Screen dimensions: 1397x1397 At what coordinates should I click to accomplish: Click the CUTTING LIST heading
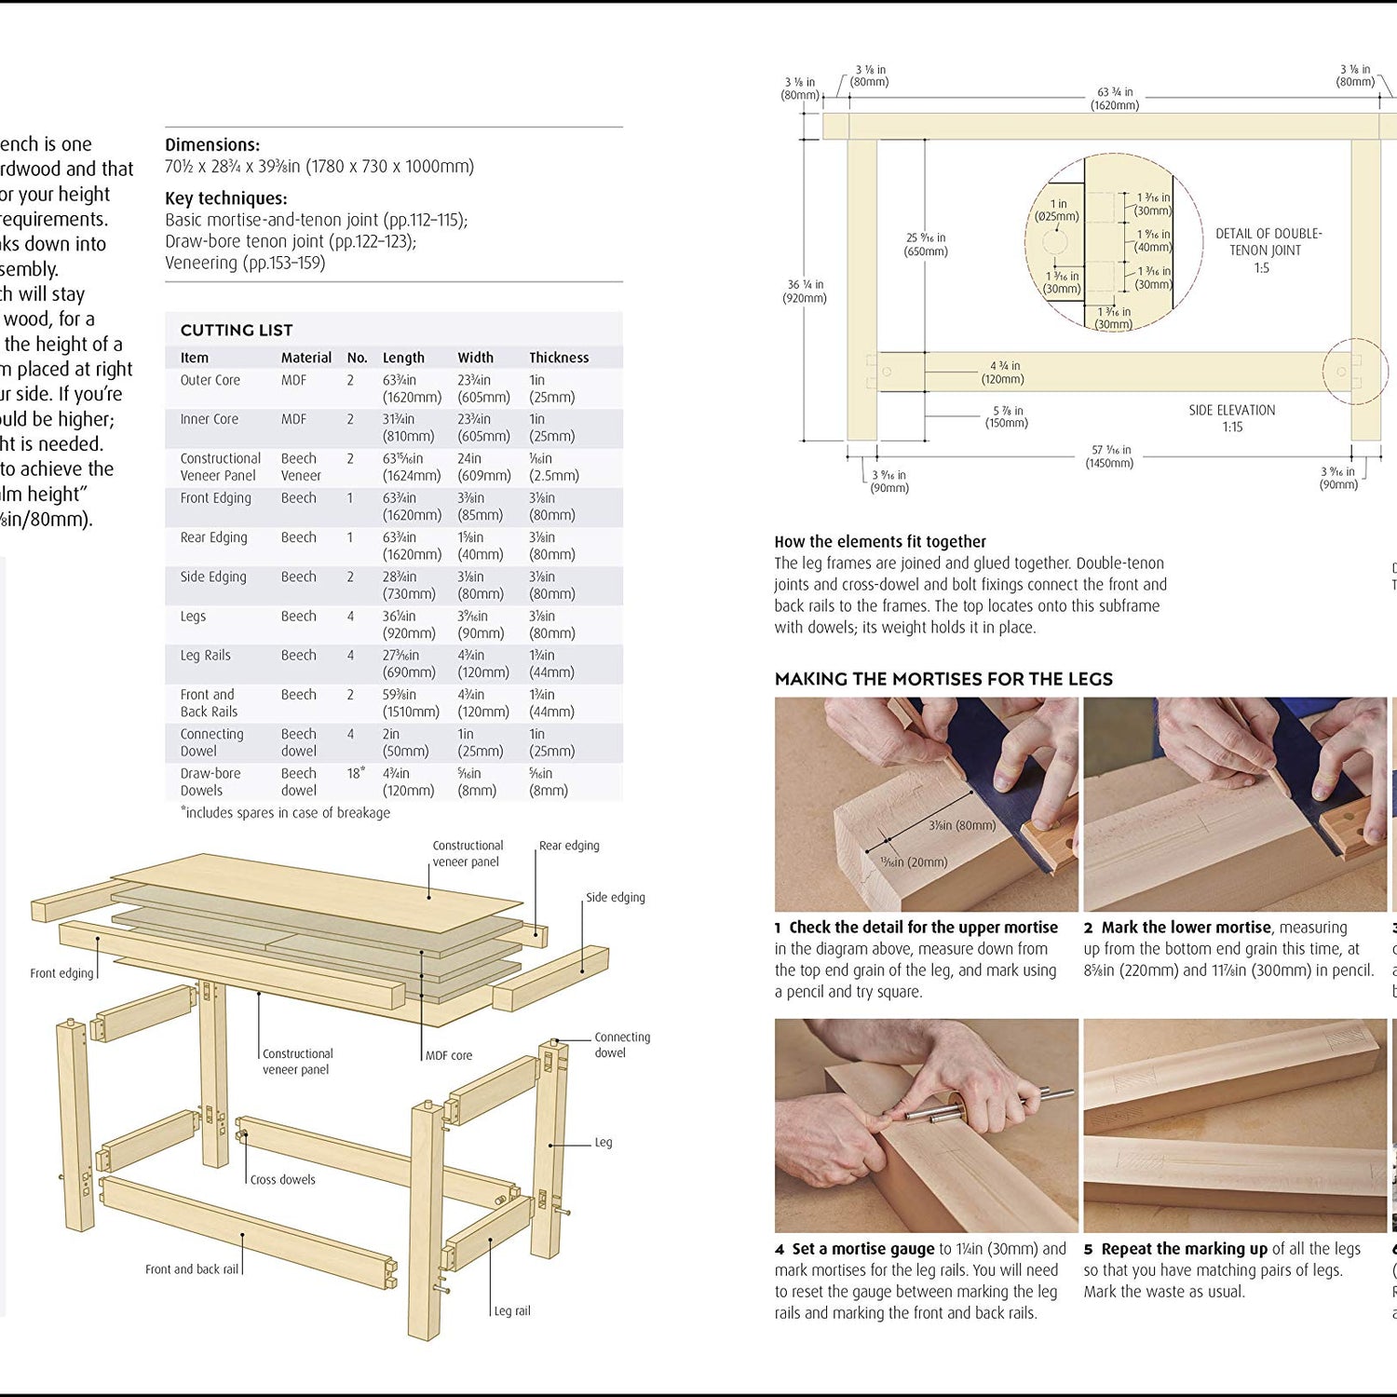[x=237, y=330]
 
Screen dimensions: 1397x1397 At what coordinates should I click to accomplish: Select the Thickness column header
[x=559, y=358]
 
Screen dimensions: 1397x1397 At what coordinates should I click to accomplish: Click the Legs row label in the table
[x=193, y=617]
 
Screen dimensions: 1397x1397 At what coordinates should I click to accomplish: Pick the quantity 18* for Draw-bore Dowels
[x=355, y=773]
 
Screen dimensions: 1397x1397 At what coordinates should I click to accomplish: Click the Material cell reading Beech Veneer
[x=301, y=467]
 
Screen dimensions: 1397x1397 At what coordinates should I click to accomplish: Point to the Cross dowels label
[x=282, y=1179]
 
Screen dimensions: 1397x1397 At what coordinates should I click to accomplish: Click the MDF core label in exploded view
[x=448, y=1055]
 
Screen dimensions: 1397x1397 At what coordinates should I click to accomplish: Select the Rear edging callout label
[x=569, y=846]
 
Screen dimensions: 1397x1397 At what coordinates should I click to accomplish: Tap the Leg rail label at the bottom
[x=511, y=1310]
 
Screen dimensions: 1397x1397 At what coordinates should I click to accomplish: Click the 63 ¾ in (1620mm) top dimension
[x=1115, y=99]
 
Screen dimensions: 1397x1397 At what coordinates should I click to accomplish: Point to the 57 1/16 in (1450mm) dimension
[x=1109, y=456]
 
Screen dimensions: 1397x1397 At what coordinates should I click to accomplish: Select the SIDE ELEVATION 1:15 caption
[x=1231, y=418]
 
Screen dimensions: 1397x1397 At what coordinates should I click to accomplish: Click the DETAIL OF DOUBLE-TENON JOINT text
[x=1268, y=242]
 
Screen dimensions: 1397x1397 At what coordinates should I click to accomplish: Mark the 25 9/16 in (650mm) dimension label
[x=926, y=244]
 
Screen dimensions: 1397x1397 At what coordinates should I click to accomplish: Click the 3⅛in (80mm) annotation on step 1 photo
[x=961, y=825]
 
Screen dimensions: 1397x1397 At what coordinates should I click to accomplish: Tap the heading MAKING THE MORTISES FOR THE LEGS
[x=943, y=679]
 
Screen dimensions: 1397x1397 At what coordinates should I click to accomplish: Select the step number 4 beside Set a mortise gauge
[x=780, y=1249]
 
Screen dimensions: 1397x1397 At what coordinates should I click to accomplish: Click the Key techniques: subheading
[x=225, y=198]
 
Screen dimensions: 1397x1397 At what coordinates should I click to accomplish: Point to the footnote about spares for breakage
[x=285, y=813]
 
